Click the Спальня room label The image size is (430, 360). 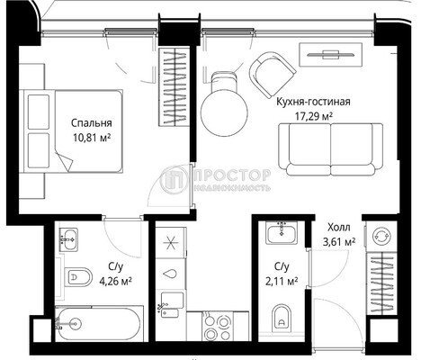click(92, 123)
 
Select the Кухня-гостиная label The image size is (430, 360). click(313, 102)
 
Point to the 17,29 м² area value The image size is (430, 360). click(314, 116)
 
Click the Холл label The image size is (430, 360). click(339, 227)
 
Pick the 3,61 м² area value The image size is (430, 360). click(339, 241)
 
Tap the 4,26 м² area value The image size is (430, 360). click(115, 281)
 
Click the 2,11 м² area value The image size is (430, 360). click(282, 281)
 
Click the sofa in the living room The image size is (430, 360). click(330, 149)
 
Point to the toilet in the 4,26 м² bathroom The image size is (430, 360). click(78, 276)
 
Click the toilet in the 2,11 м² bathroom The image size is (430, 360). click(282, 319)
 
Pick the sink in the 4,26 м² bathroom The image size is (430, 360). click(68, 239)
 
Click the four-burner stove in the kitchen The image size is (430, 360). click(217, 327)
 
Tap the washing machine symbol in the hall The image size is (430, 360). click(382, 236)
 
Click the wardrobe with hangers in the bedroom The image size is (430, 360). click(174, 87)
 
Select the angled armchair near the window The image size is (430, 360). click(273, 75)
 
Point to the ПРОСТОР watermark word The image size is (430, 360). click(231, 175)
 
